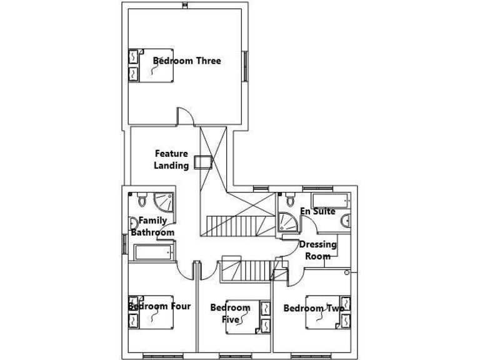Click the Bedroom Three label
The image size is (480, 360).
coord(187,61)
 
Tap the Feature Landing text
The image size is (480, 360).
coord(171,159)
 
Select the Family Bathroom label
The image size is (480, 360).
coord(152,226)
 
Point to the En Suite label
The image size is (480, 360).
coord(317,211)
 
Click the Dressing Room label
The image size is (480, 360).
coord(317,250)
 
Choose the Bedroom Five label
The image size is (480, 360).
coord(230,313)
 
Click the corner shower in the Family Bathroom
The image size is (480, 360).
coord(164,202)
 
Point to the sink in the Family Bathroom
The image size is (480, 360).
coord(133,223)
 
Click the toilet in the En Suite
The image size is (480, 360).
coord(289,201)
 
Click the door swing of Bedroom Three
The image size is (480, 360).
coord(185,116)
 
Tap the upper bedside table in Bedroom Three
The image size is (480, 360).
coord(134,56)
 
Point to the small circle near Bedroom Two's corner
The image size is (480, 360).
coord(347,272)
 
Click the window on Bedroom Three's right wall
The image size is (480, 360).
coord(245,66)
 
